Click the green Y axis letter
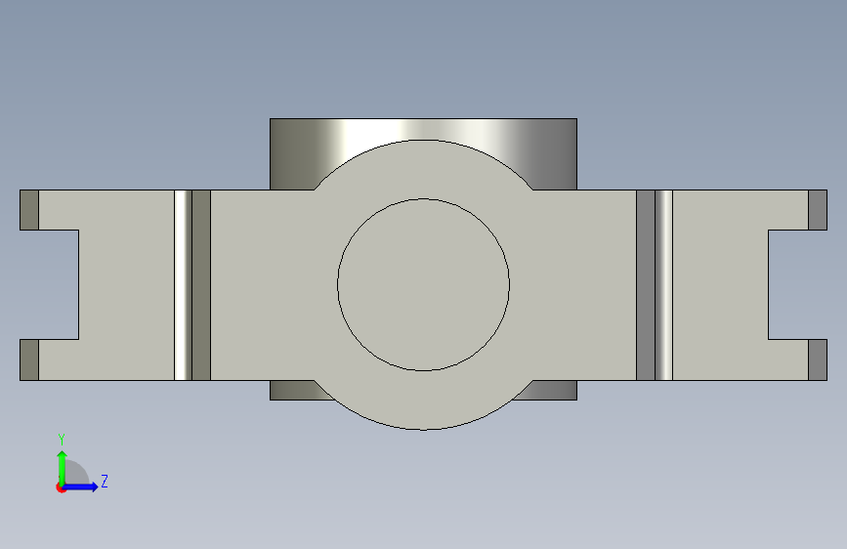coord(62,440)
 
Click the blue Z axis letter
coord(105,481)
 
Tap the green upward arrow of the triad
coord(63,468)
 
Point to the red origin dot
coord(61,487)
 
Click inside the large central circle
coord(424,285)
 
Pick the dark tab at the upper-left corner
coord(29,210)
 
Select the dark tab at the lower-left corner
coord(29,359)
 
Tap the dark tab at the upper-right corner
coord(818,210)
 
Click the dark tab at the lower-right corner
coord(818,359)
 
